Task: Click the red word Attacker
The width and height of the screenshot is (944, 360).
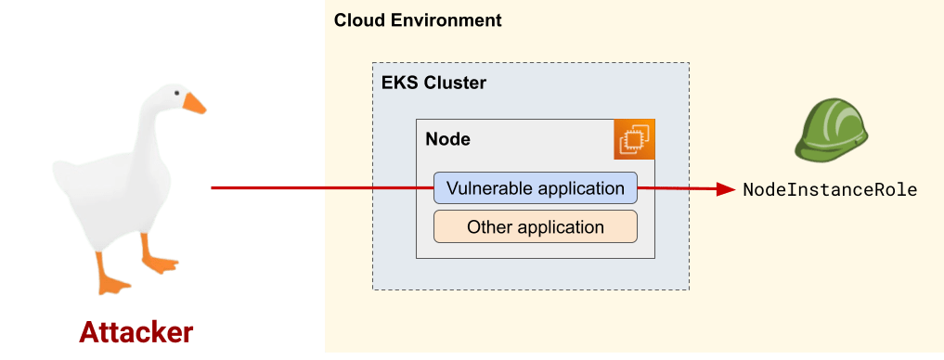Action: coord(136,332)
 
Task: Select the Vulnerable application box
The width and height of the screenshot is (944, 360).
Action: coord(536,188)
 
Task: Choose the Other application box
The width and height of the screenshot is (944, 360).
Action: coord(536,226)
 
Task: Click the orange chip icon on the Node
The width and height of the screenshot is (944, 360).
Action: coord(635,139)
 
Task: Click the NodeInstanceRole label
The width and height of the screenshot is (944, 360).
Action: coord(830,189)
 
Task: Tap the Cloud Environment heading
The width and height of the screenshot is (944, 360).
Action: coord(418,19)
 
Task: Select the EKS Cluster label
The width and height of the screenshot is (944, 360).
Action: coord(433,83)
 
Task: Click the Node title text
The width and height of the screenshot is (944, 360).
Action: coord(447,139)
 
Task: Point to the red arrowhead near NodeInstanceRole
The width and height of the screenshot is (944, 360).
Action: coord(725,189)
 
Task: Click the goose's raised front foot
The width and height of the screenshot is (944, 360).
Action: coord(159,262)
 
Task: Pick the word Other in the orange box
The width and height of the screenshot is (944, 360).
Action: coord(488,226)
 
